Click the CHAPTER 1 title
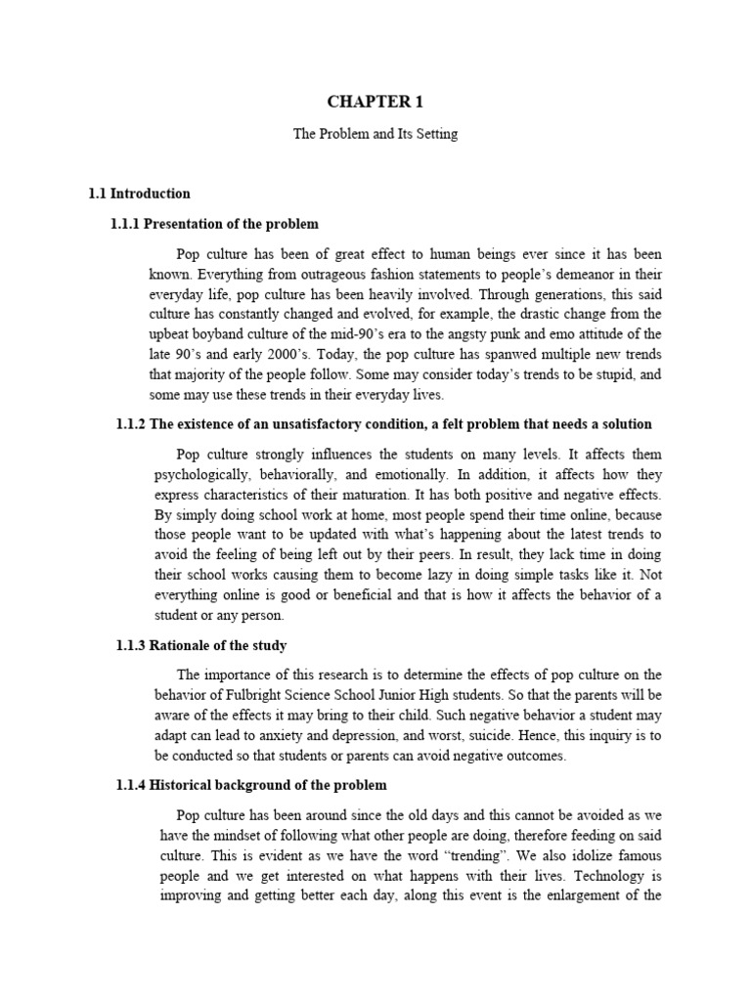click(x=375, y=101)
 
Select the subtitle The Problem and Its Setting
click(x=375, y=134)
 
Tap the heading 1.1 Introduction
click(x=139, y=194)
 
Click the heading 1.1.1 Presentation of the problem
click(x=214, y=224)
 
